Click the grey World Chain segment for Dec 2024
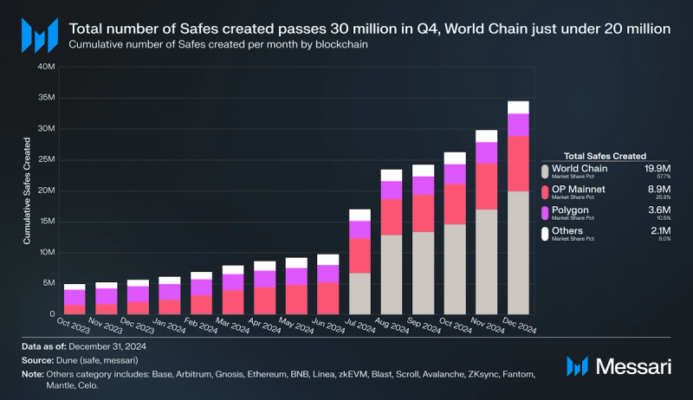coord(518,252)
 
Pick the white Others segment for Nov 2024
coord(487,136)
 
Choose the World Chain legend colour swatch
coord(547,170)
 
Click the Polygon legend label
coord(571,210)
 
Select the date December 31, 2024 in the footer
coord(106,346)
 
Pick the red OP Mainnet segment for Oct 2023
coord(74,309)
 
